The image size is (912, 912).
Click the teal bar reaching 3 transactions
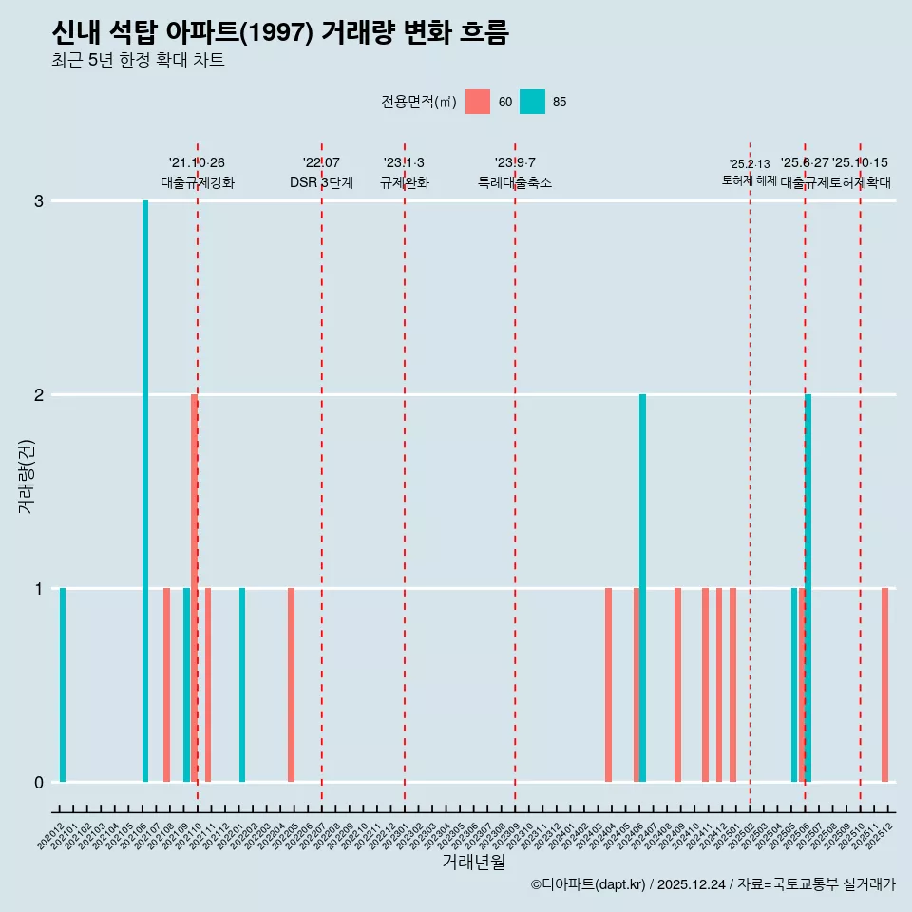pyautogui.click(x=145, y=490)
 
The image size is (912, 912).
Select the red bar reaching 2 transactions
pyautogui.click(x=194, y=587)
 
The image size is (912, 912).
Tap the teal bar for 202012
pyautogui.click(x=63, y=684)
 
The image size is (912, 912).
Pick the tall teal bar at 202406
pyautogui.click(x=643, y=587)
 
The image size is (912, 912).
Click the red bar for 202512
pyautogui.click(x=884, y=684)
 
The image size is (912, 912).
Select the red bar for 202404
pyautogui.click(x=608, y=684)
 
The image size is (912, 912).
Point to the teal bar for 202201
pyautogui.click(x=242, y=684)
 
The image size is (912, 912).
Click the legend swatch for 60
pyautogui.click(x=478, y=102)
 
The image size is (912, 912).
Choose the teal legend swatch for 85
pyautogui.click(x=533, y=102)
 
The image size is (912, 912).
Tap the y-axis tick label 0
pyautogui.click(x=39, y=782)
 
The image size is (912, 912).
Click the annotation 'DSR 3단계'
pyautogui.click(x=321, y=182)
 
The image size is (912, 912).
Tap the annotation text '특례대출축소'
pyautogui.click(x=514, y=182)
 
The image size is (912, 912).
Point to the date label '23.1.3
pyautogui.click(x=404, y=163)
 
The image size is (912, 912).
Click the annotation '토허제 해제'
pyautogui.click(x=749, y=180)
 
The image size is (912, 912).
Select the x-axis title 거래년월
pyautogui.click(x=473, y=862)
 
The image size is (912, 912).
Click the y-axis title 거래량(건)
pyautogui.click(x=26, y=476)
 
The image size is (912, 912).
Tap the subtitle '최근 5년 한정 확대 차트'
pyautogui.click(x=139, y=61)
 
